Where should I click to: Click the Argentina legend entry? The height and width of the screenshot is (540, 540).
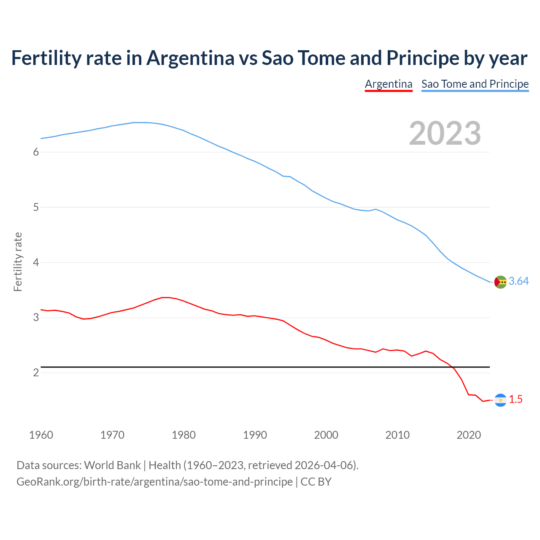tap(389, 84)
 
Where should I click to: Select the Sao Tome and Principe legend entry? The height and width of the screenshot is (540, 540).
tap(475, 84)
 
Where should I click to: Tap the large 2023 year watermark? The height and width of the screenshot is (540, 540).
tap(445, 133)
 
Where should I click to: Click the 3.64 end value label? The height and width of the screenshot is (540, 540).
tap(518, 281)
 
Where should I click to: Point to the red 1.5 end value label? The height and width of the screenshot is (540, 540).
tap(516, 400)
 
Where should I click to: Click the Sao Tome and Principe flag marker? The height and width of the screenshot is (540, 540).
tap(500, 282)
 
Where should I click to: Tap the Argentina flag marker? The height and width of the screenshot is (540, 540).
tap(500, 400)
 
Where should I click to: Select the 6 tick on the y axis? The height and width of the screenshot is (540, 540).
tap(36, 152)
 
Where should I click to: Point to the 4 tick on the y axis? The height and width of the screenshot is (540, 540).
tap(36, 263)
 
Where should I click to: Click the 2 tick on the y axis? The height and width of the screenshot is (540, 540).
tap(36, 373)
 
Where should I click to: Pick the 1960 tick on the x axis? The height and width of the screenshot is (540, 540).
tap(41, 435)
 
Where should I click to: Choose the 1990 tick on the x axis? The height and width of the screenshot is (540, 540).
tap(255, 435)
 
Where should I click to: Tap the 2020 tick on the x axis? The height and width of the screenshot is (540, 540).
tap(469, 435)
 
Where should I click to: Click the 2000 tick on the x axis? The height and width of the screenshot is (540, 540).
tap(326, 435)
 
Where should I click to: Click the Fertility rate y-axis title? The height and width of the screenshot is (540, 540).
tap(18, 262)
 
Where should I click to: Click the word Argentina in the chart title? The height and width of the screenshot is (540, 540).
tap(190, 58)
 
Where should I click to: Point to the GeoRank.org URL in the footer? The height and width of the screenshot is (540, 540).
tap(154, 482)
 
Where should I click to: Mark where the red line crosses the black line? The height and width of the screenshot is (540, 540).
tap(453, 367)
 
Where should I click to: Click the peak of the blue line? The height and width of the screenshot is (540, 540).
tap(141, 122)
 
